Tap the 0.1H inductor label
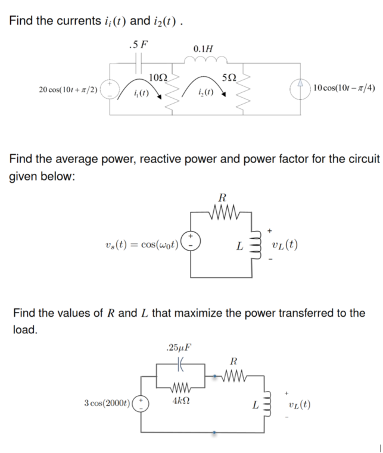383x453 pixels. pos(204,48)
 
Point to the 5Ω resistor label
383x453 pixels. pos(229,77)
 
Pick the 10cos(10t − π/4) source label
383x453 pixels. pos(343,88)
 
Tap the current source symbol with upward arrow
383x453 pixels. pos(298,89)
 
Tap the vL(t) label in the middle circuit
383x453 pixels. pos(284,245)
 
